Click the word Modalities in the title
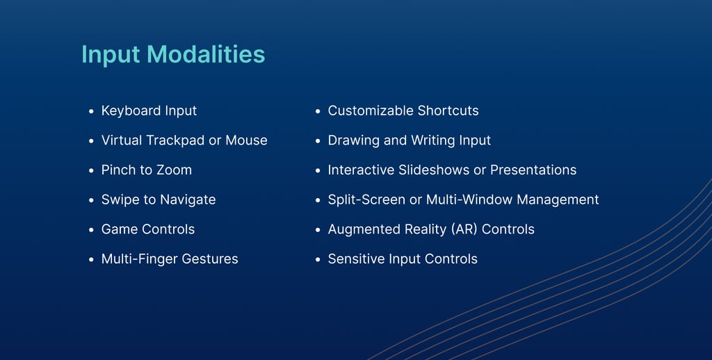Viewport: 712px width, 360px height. [206, 54]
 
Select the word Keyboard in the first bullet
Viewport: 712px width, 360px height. [131, 111]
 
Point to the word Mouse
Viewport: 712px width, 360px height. [247, 140]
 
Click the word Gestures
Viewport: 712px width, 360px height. [210, 259]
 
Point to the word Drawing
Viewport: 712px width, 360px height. [353, 140]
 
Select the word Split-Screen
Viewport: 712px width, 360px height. [366, 200]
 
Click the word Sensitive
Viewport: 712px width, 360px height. [356, 259]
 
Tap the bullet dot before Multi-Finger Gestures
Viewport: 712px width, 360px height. [91, 260]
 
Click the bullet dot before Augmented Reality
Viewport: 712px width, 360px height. [318, 230]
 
